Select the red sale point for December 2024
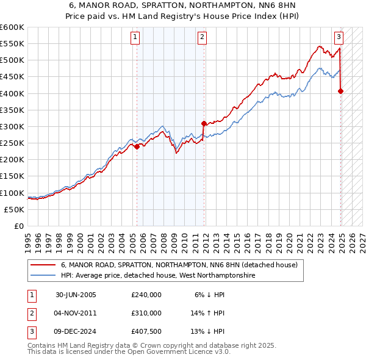click(340, 92)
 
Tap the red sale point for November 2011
click(203, 123)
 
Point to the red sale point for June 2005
click(137, 146)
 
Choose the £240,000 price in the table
click(146, 295)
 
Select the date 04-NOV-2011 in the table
click(76, 313)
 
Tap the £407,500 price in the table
click(146, 331)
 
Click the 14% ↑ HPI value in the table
click(208, 313)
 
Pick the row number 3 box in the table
click(30, 331)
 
